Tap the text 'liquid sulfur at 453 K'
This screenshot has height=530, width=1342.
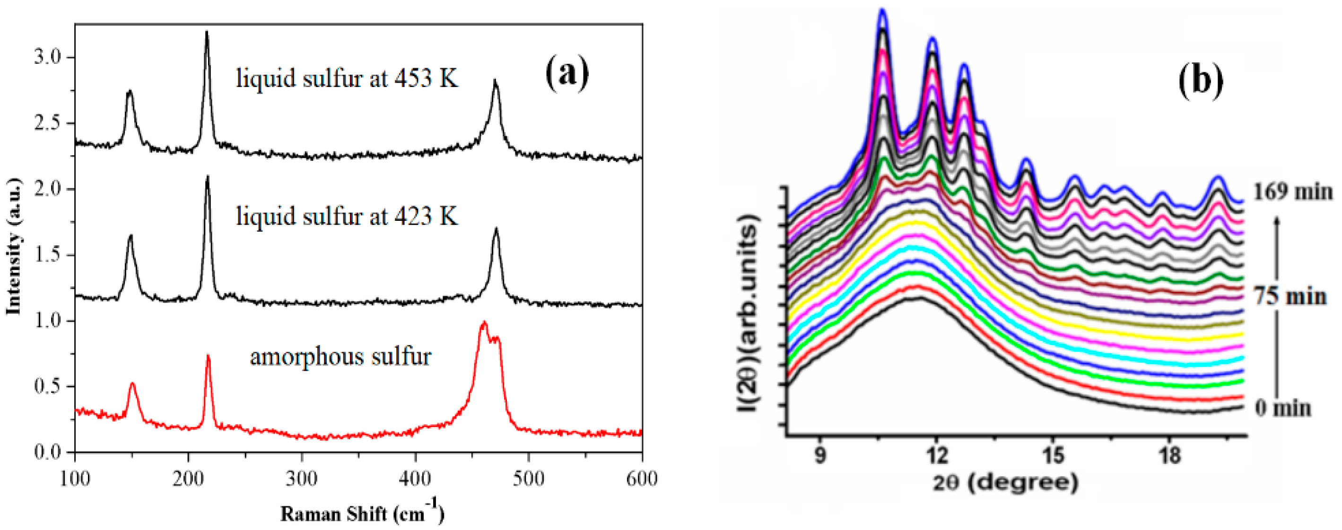coord(347,79)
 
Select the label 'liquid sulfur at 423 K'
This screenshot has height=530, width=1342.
coord(347,216)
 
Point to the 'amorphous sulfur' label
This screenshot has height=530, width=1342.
coord(341,357)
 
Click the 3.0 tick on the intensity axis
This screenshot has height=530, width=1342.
coord(48,57)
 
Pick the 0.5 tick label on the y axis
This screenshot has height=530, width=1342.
coord(48,387)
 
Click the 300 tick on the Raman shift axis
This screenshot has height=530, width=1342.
coord(302,478)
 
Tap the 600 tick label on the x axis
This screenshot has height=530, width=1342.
coord(641,478)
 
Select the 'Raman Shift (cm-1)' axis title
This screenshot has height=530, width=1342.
coord(362,513)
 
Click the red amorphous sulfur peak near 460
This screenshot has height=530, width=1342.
coord(484,323)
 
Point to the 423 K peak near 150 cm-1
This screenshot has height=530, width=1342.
coord(130,237)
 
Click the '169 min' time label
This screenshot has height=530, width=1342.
coord(1292,192)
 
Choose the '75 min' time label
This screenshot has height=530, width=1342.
coord(1290,297)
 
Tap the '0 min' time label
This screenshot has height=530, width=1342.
coord(1282,408)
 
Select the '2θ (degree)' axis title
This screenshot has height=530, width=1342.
coord(1005,483)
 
